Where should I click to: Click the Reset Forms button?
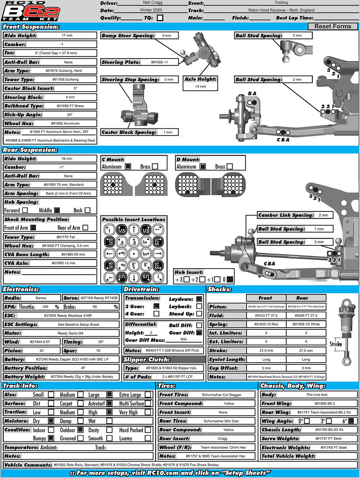[333, 26]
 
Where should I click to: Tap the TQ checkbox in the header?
[160, 18]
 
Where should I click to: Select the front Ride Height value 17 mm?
[67, 35]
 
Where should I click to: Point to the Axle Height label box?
[200, 79]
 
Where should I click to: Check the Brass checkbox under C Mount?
[155, 167]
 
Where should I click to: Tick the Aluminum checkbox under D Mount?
[203, 167]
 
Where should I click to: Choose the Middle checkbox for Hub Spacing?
[57, 210]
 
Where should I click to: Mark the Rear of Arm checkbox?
[85, 228]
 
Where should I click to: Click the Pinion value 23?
[41, 350]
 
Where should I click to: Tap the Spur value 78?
[98, 350]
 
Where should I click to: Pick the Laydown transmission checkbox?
[199, 299]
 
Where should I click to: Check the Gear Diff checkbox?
[199, 333]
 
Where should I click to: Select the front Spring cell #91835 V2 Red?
[266, 324]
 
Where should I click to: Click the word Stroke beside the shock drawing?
[336, 344]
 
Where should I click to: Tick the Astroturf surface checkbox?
[109, 404]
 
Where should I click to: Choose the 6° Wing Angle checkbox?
[351, 421]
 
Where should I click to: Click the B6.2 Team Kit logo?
[31, 11]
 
